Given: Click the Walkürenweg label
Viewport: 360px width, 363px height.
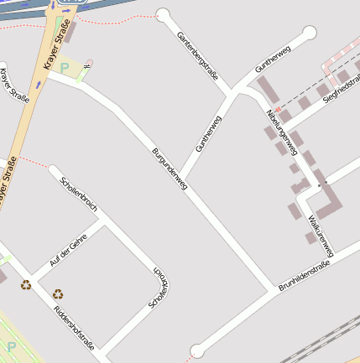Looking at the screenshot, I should click(321, 235).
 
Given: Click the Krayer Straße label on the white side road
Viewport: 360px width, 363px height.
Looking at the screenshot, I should click(14, 86).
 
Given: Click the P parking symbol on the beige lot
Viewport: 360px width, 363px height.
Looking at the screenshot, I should click(65, 68).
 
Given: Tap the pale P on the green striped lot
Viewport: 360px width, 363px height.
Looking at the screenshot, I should click(11, 346).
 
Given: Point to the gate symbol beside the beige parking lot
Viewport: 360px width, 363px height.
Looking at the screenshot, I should click(87, 64).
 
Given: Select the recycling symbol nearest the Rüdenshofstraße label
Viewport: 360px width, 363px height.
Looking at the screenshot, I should click(58, 293).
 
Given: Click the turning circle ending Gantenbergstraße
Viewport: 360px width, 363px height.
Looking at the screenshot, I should click(163, 15).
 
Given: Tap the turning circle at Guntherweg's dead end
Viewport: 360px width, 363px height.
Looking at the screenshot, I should click(309, 34).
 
